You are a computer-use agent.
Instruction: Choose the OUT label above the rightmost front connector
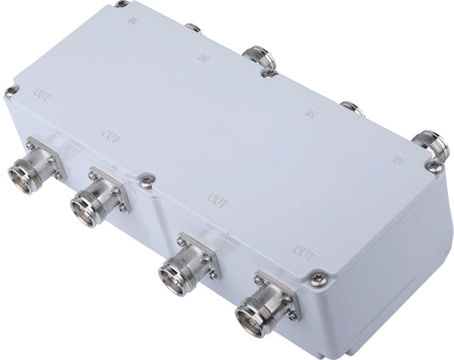point(303,250)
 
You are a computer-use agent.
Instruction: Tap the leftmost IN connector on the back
point(193,28)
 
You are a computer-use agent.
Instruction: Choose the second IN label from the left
point(202,57)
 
